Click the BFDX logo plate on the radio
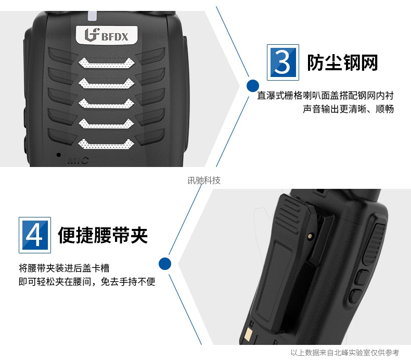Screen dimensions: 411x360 coord(107,35)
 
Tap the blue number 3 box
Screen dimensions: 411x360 coord(283,62)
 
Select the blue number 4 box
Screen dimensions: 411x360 coord(35,235)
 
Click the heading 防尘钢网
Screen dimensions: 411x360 coord(342,62)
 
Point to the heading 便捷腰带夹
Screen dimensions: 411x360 coord(103,235)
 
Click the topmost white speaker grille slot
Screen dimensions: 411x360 coord(107,63)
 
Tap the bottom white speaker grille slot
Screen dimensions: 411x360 coord(106,144)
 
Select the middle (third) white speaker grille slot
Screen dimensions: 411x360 coord(106,104)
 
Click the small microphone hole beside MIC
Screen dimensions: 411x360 coord(59,155)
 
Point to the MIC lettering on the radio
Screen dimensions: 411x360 coord(78,160)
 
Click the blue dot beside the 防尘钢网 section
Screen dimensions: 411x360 coord(253,86)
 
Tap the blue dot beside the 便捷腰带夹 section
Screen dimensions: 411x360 coord(165,264)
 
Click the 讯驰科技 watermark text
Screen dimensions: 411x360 coord(204,181)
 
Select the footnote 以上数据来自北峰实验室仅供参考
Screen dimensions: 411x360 coord(345,353)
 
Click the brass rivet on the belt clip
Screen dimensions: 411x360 coord(311,236)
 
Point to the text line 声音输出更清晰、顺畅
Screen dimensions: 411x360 coord(349,109)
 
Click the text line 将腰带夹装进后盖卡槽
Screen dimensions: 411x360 coord(64,268)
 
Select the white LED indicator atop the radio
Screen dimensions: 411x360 coord(92,16)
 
